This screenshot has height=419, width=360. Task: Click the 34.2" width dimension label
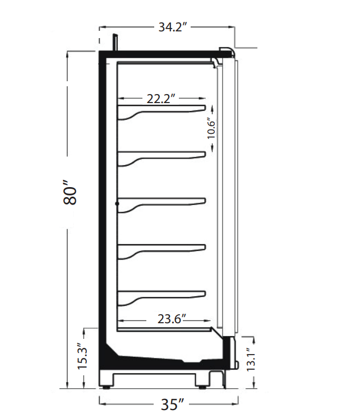172,27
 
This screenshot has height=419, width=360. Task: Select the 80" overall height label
70,193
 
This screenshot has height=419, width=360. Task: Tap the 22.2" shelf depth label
161,99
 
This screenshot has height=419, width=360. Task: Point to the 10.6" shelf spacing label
211,129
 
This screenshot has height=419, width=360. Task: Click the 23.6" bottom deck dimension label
172,319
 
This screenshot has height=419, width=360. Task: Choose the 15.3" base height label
82,356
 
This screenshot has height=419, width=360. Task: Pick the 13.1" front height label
251,360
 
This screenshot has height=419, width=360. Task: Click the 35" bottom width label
173,404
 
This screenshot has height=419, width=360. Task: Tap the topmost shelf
161,111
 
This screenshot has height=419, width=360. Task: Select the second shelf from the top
161,157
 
